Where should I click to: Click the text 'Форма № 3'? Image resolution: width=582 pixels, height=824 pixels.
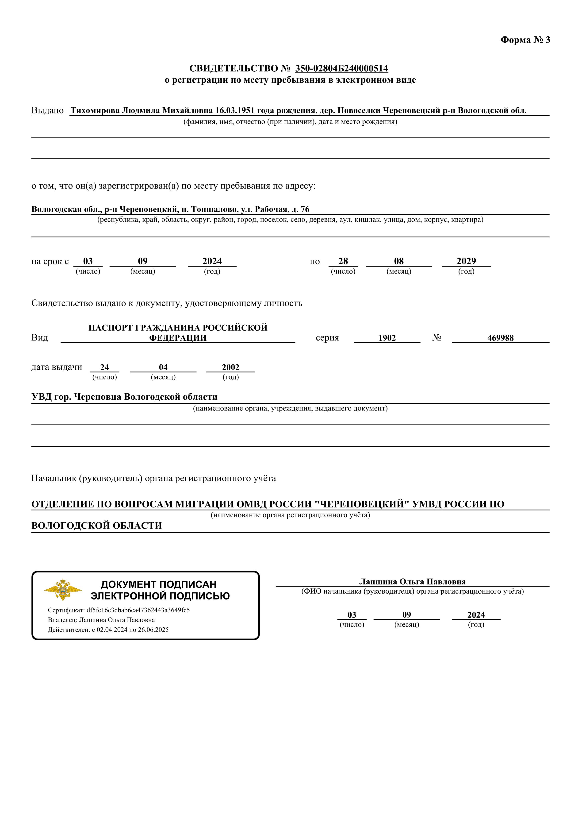525,40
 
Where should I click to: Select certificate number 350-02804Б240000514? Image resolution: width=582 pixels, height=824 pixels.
341,68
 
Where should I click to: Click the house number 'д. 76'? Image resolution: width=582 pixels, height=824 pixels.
300,209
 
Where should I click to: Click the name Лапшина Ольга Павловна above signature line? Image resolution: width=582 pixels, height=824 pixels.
412,582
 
